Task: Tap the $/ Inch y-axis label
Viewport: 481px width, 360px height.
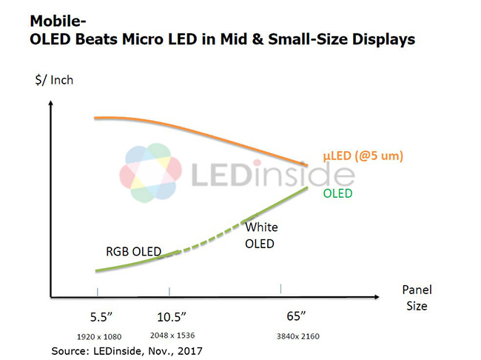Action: tap(54, 79)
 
